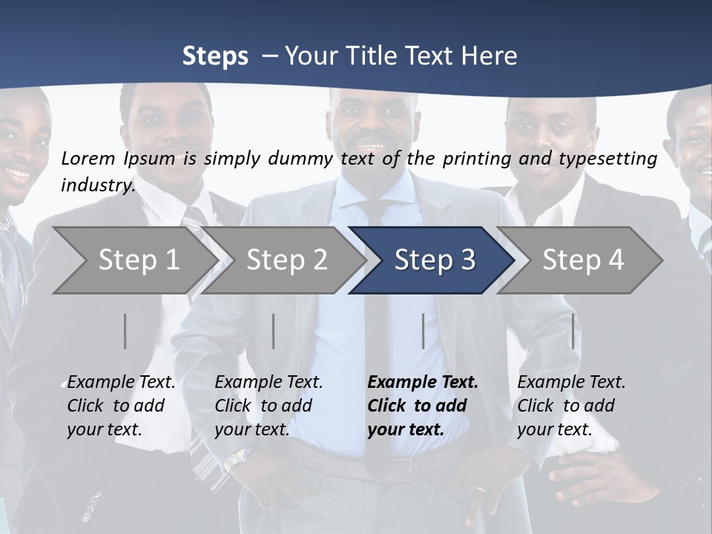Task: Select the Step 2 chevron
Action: (286, 260)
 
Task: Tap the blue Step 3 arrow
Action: (434, 260)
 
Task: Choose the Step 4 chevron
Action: (582, 260)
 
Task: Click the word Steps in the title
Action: (215, 56)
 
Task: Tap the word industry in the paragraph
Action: (98, 185)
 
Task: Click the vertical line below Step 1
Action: (125, 331)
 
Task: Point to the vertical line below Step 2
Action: (274, 331)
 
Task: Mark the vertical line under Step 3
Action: (423, 331)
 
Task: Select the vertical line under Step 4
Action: (573, 331)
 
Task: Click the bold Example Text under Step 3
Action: (423, 383)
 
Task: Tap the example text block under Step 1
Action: (121, 406)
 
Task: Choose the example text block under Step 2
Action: (268, 406)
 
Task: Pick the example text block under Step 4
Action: (571, 406)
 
